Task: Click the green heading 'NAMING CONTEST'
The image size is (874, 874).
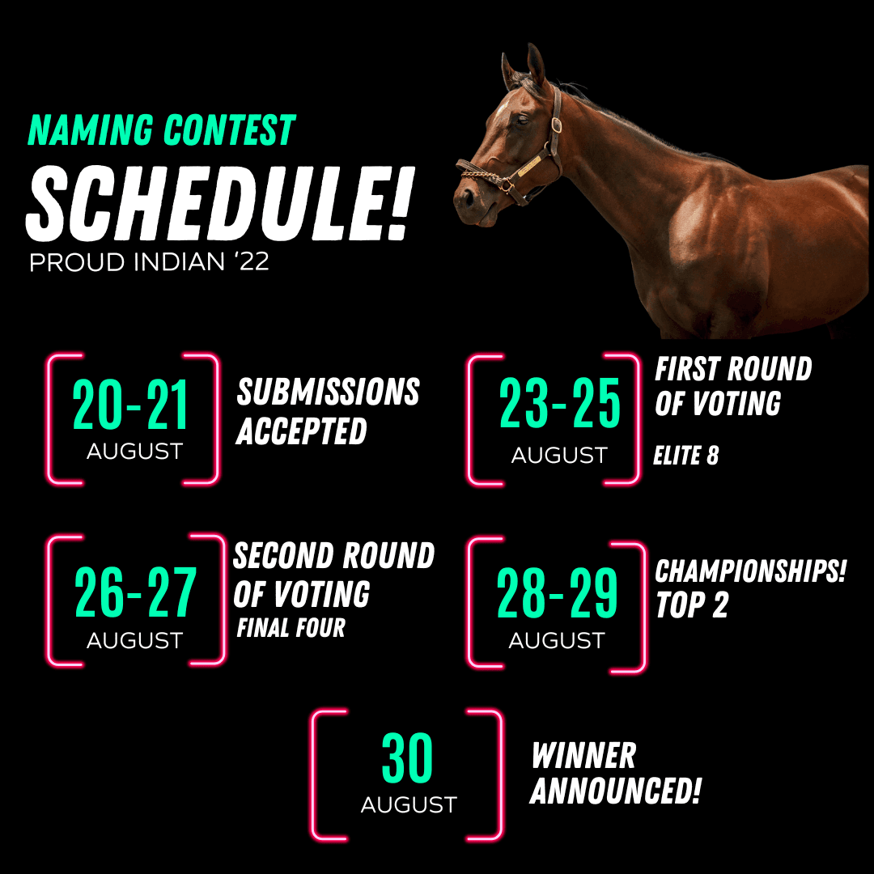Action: pos(162,129)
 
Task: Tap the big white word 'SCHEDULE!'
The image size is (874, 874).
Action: pos(219,204)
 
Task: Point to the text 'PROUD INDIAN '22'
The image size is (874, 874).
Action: pos(149,262)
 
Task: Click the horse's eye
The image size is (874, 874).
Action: pos(522,119)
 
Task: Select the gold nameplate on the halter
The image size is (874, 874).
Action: pos(529,166)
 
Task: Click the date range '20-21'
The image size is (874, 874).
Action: pos(129,405)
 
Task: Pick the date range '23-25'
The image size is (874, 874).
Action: pos(559,403)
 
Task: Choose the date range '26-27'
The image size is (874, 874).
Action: pos(135,592)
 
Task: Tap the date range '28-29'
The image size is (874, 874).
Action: pos(557,593)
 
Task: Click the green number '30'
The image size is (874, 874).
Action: pos(407,757)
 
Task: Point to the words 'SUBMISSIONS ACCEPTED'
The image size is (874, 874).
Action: pos(328,411)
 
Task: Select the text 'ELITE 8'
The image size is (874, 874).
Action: pos(685,456)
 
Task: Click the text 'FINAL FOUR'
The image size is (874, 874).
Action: pos(291,628)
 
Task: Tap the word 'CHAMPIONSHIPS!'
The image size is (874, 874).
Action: pos(750,571)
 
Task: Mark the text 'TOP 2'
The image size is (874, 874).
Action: pos(692,605)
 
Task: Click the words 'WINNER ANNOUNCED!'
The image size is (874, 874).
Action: pos(615,773)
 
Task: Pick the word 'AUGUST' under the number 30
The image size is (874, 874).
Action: pos(409,805)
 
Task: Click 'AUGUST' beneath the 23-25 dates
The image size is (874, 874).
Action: pos(559,456)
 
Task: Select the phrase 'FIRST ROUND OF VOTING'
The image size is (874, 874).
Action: pos(733,386)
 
